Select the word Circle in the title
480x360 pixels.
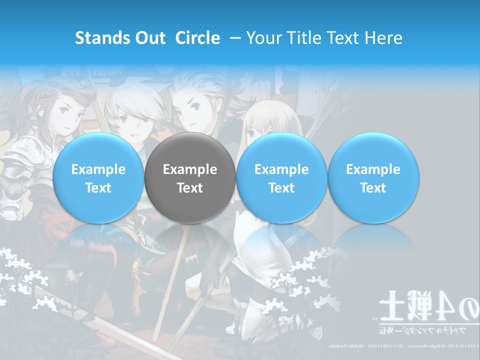[197, 38]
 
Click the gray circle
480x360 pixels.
[190, 178]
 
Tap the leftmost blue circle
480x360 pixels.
[98, 178]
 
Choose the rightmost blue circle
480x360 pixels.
[373, 178]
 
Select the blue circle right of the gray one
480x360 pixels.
[281, 178]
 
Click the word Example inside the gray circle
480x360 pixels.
[190, 169]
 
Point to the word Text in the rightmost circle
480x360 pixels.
[373, 188]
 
